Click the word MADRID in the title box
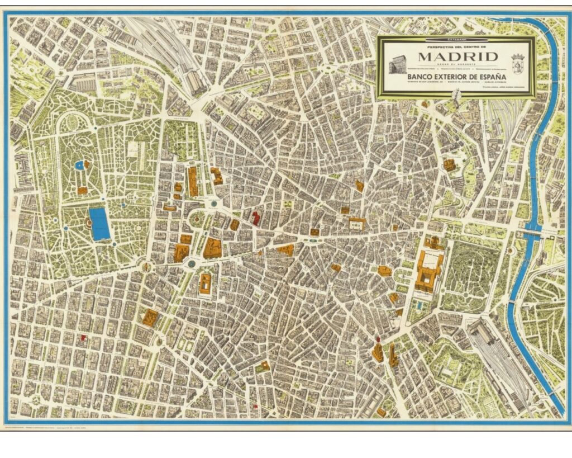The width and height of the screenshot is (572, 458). [x=455, y=57]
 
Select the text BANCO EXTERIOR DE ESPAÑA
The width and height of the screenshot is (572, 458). [x=455, y=74]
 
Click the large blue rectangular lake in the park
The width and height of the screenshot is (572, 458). [x=100, y=224]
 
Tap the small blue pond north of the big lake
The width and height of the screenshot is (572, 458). [x=79, y=165]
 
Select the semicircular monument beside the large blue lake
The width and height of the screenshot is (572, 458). [x=88, y=224]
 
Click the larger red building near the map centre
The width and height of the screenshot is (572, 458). [x=256, y=218]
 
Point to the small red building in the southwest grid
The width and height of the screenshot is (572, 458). [x=84, y=337]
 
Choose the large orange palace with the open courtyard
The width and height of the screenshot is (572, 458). [x=428, y=271]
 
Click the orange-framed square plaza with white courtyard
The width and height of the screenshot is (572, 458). [x=356, y=224]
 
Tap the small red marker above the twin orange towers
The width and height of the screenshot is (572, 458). [x=378, y=339]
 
